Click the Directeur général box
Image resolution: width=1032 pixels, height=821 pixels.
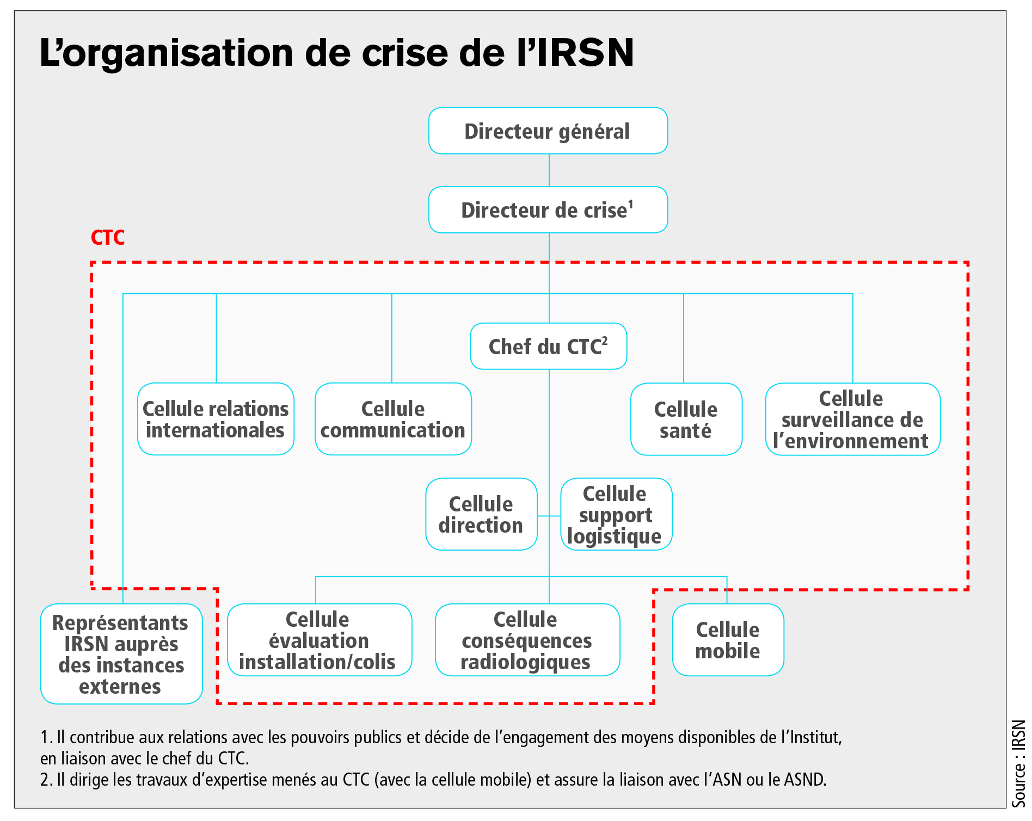548,131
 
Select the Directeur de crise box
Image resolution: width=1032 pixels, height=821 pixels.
548,210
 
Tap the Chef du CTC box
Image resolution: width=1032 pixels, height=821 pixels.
548,347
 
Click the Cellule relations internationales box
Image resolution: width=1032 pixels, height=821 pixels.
216,419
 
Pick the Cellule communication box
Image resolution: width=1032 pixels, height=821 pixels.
393,419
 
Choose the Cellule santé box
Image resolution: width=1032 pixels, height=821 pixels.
686,419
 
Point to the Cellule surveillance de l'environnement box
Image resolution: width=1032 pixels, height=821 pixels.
852,419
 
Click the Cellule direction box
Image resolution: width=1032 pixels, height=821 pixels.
481,514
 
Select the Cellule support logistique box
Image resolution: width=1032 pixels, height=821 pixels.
616,514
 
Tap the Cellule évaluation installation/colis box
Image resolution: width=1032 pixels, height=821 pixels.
319,640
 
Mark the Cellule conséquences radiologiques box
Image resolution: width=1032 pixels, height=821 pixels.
527,640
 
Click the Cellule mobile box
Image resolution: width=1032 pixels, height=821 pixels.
728,640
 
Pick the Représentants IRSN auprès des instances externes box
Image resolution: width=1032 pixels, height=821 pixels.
121,654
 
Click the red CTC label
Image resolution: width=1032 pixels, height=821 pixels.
108,238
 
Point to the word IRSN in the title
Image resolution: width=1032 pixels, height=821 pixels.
586,53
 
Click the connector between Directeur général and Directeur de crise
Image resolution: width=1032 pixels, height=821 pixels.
549,170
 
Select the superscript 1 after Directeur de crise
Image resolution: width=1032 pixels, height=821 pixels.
631,204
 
